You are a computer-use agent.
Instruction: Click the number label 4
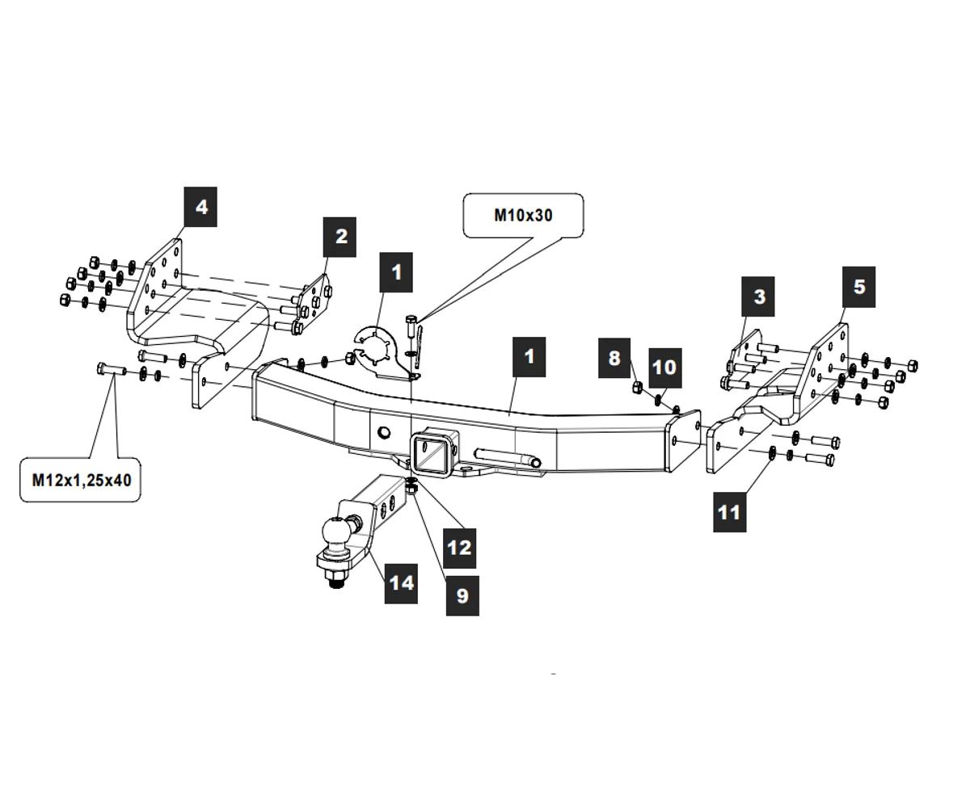tap(201, 207)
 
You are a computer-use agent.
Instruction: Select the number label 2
tap(340, 237)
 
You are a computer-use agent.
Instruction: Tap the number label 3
tap(759, 296)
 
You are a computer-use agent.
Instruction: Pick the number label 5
tap(858, 286)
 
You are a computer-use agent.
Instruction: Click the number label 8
tap(614, 358)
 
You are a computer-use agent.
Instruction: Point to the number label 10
tap(664, 368)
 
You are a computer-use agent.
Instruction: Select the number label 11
tap(728, 511)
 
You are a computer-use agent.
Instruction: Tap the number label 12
tap(459, 548)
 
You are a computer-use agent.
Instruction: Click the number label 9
tap(462, 595)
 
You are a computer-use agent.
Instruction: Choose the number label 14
tap(401, 582)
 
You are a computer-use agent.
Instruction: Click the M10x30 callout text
tap(523, 215)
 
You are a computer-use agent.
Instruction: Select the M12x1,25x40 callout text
tap(80, 479)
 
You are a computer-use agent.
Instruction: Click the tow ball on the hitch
tap(335, 532)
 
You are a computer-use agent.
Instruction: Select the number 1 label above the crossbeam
tap(529, 356)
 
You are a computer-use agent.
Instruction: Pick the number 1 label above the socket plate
tap(396, 272)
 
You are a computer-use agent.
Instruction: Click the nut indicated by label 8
tap(637, 389)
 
